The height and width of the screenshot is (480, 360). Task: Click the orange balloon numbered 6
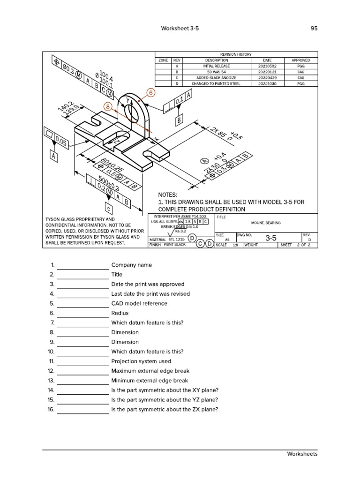(x=150, y=93)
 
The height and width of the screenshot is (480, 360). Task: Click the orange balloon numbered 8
(x=109, y=107)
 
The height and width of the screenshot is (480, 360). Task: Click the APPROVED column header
(x=300, y=60)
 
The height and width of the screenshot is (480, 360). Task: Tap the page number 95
(x=314, y=28)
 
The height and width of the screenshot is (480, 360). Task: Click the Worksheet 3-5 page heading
(x=180, y=28)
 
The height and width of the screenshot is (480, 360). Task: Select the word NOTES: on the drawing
(x=168, y=195)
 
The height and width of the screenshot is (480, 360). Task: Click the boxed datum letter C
(x=109, y=208)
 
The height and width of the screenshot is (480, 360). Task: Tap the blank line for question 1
(x=83, y=265)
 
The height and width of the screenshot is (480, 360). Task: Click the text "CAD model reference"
(x=139, y=303)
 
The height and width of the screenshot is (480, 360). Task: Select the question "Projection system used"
(x=141, y=361)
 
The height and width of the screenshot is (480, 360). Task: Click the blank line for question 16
(x=83, y=410)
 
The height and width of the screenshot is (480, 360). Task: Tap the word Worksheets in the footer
(x=302, y=454)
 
